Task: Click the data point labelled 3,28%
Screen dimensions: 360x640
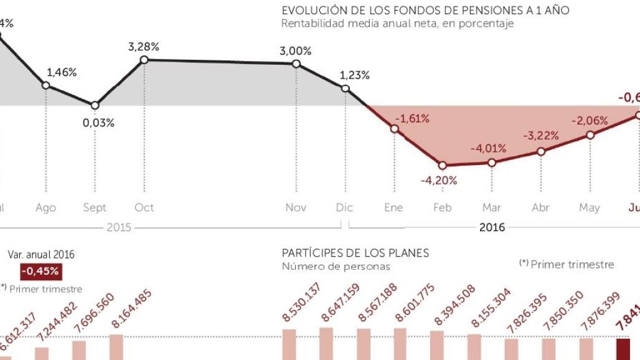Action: [x=144, y=60]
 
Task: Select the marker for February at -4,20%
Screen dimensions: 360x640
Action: [x=443, y=166]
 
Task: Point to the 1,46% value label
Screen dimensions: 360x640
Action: [x=62, y=72]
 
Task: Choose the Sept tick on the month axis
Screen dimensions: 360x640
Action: [x=95, y=207]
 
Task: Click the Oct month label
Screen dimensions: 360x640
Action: [x=144, y=207]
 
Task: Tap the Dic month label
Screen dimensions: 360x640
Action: [x=344, y=207]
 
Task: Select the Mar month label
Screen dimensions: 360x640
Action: [x=492, y=207]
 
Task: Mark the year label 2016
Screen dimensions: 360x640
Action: [x=492, y=227]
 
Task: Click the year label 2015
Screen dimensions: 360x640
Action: [x=118, y=227]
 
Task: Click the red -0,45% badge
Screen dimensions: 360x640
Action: [x=40, y=271]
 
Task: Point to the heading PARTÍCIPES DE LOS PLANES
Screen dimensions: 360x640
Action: [x=355, y=253]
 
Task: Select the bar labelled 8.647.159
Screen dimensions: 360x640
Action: [x=326, y=343]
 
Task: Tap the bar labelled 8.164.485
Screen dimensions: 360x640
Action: [x=116, y=347]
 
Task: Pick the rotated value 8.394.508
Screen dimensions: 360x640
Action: [x=454, y=305]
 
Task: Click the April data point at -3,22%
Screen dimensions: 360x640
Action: [x=541, y=151]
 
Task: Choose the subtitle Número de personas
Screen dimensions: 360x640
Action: [x=336, y=266]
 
